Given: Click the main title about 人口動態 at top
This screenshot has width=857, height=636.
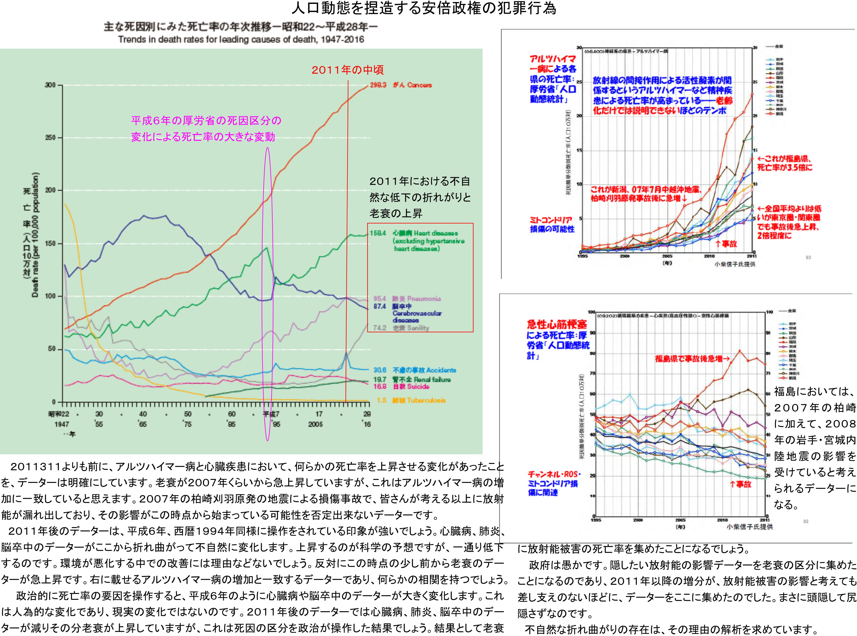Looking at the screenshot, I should [x=424, y=9].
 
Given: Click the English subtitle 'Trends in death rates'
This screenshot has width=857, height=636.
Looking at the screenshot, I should [x=241, y=40].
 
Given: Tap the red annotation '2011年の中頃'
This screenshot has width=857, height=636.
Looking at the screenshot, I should [x=347, y=70].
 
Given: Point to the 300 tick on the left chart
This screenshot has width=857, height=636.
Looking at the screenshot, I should [x=50, y=85].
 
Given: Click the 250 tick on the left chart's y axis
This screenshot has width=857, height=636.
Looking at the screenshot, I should [x=50, y=138].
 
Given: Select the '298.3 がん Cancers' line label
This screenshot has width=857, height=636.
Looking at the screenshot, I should [x=401, y=85].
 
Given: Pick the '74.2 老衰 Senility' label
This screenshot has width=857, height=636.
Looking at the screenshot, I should [x=401, y=328].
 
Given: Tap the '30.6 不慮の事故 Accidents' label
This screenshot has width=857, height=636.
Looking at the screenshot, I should [x=415, y=370].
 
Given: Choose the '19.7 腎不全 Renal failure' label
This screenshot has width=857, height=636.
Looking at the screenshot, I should [x=412, y=380].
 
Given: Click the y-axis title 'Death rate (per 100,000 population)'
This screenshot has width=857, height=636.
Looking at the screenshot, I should [x=35, y=235].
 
